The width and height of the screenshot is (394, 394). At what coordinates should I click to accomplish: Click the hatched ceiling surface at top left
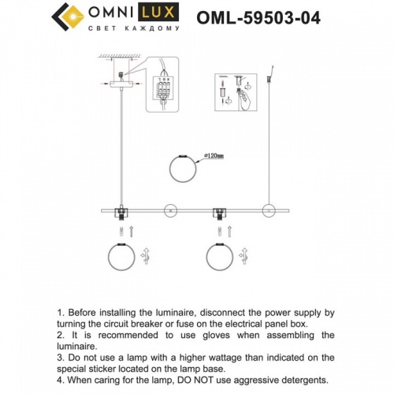[118, 57]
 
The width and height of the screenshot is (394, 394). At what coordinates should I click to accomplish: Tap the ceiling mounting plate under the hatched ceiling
[119, 80]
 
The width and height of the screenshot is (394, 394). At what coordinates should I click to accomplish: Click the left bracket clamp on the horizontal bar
[122, 211]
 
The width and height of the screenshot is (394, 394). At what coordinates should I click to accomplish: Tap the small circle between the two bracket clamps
[168, 210]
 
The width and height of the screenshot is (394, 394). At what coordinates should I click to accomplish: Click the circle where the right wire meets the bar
[269, 210]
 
